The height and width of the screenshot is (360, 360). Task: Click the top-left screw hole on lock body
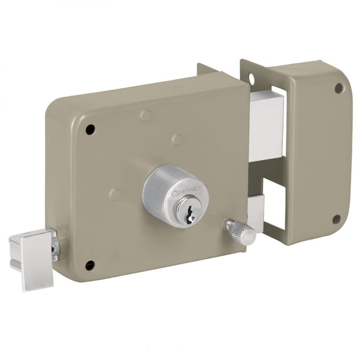point(90,129)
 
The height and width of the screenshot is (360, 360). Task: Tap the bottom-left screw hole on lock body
point(90,266)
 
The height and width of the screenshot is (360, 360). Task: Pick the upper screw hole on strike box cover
point(338,88)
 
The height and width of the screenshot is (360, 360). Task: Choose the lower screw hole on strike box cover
point(337,219)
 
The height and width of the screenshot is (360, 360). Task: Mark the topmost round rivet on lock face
point(145,115)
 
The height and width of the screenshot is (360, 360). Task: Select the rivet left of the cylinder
point(114,194)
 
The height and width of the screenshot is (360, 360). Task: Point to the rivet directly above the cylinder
point(177,139)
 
